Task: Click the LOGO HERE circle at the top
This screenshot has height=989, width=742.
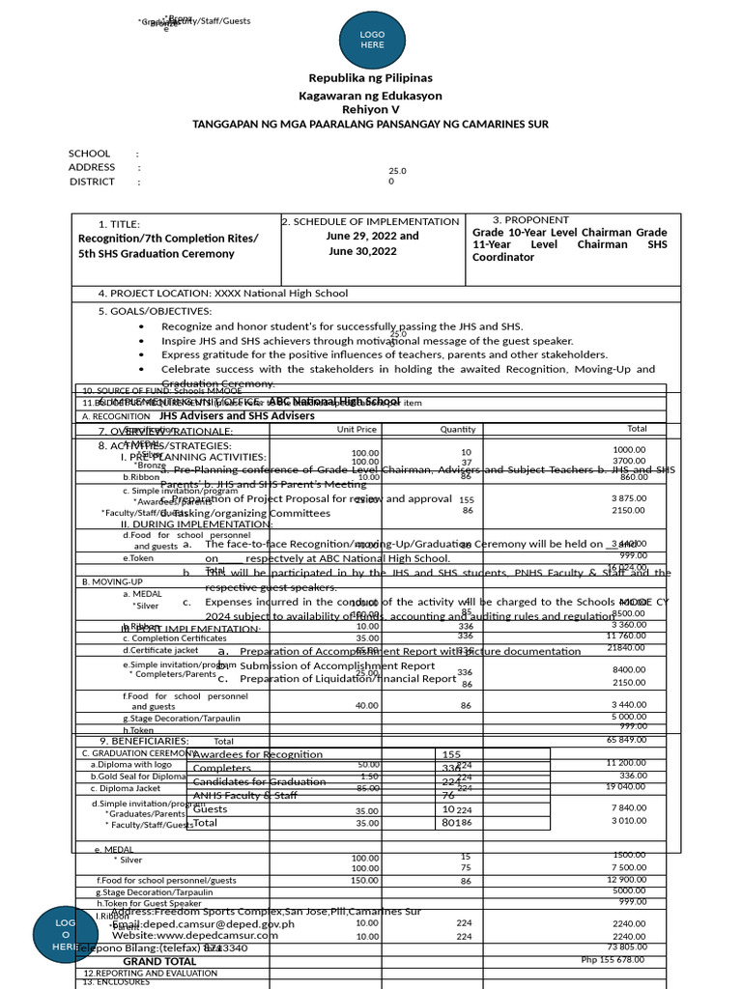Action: click(x=372, y=40)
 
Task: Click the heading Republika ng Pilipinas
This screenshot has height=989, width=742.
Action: click(x=370, y=77)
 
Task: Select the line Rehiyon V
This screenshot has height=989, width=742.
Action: click(x=370, y=110)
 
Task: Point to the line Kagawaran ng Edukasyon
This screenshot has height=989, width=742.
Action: click(x=370, y=96)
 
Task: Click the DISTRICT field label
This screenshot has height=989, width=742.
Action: click(x=92, y=182)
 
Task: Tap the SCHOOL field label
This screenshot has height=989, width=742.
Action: click(x=89, y=154)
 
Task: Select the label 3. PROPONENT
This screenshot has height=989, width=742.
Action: click(x=530, y=220)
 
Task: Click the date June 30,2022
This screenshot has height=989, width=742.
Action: click(x=362, y=251)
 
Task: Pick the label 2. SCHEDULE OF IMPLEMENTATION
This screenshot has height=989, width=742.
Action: click(x=370, y=221)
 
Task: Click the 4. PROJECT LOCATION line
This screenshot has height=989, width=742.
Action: click(x=222, y=294)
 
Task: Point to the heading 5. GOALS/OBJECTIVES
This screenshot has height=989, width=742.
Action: click(x=155, y=311)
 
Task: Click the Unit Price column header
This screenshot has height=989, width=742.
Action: click(x=357, y=429)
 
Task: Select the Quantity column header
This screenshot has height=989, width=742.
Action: click(x=458, y=429)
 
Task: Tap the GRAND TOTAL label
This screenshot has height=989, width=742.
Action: click(x=159, y=962)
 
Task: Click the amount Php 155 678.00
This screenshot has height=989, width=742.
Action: click(x=613, y=960)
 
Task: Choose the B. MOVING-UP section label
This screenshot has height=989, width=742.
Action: click(x=112, y=581)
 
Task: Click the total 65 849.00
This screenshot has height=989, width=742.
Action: click(x=626, y=740)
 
